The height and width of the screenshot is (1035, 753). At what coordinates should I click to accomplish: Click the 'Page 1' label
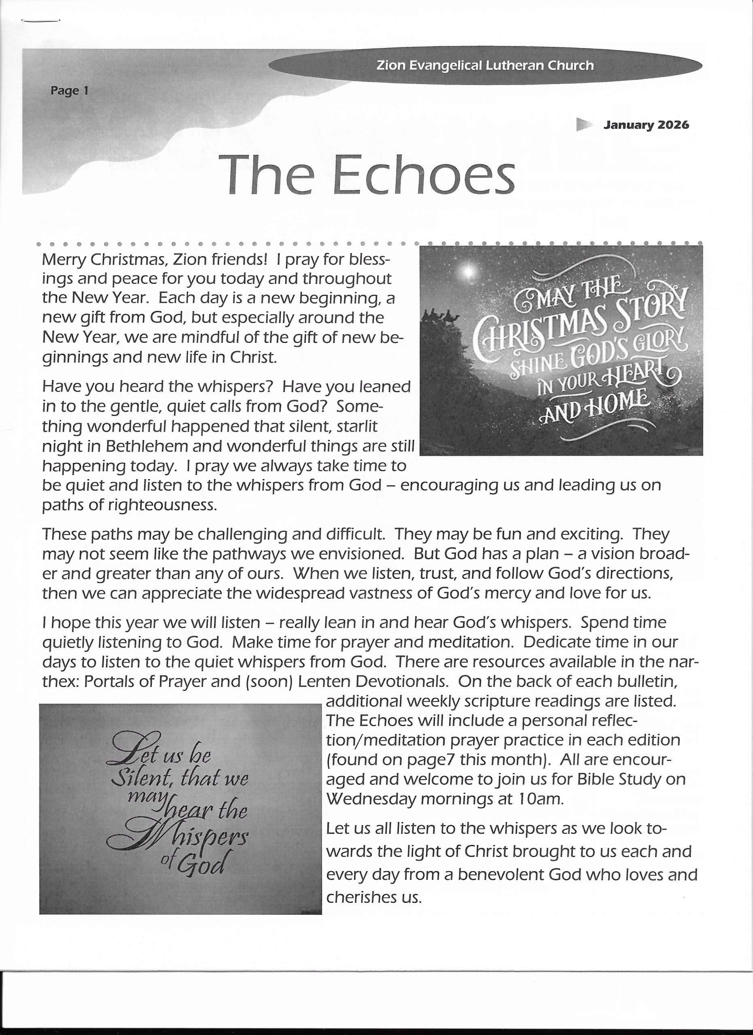[x=69, y=91]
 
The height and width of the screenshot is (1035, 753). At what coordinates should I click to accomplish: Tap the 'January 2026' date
[x=646, y=125]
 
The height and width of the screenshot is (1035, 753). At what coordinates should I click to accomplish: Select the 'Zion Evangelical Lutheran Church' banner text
[x=485, y=66]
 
